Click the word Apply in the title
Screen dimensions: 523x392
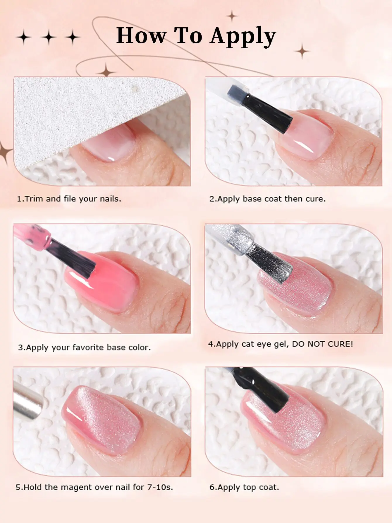point(243,36)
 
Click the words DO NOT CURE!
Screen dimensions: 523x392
point(322,344)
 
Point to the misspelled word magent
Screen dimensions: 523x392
point(75,487)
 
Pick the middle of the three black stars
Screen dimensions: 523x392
point(49,37)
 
